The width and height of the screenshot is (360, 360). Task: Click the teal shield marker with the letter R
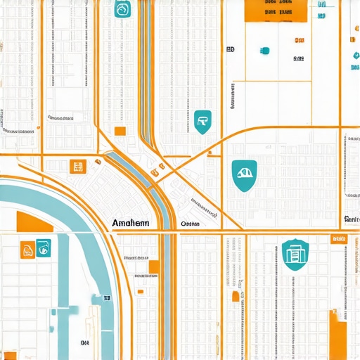[x=202, y=122]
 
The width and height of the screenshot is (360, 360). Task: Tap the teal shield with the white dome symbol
[x=244, y=174]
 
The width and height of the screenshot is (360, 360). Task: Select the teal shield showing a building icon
[x=295, y=254]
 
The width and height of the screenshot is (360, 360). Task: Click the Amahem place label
[x=130, y=223]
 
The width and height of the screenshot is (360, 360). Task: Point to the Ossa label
[x=190, y=224]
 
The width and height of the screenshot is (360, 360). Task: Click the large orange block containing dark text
[x=277, y=10]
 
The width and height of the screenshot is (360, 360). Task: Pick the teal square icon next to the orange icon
[x=43, y=247]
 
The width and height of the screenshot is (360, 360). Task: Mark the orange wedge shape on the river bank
[x=39, y=221]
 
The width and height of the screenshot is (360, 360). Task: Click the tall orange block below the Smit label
[x=338, y=335]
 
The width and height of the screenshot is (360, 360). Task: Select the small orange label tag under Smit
[x=340, y=239]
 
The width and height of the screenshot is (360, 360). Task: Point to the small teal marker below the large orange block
[x=265, y=51]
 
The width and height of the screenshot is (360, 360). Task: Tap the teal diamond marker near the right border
[x=356, y=56]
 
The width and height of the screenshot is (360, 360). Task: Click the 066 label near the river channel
[x=84, y=342]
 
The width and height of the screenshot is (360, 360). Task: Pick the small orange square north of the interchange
[x=120, y=131]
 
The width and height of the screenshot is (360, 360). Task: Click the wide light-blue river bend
[x=70, y=211]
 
